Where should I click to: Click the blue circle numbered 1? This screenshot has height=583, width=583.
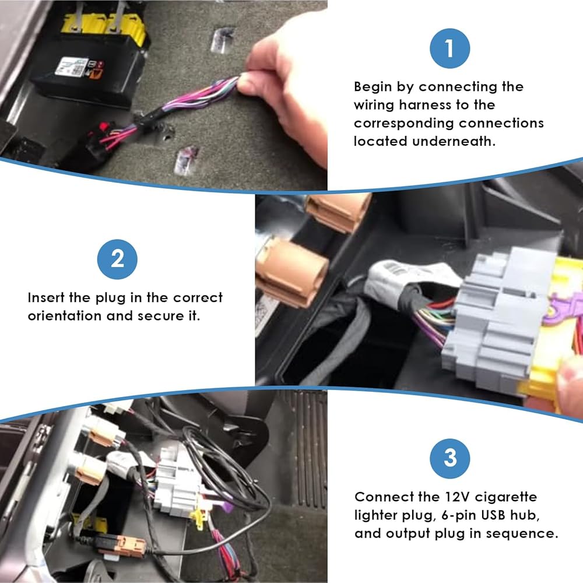coord(449,48)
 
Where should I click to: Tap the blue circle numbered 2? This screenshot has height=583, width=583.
coord(117,259)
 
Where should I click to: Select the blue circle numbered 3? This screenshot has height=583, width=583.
coord(449,458)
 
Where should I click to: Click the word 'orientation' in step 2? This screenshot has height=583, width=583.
coord(64,315)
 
